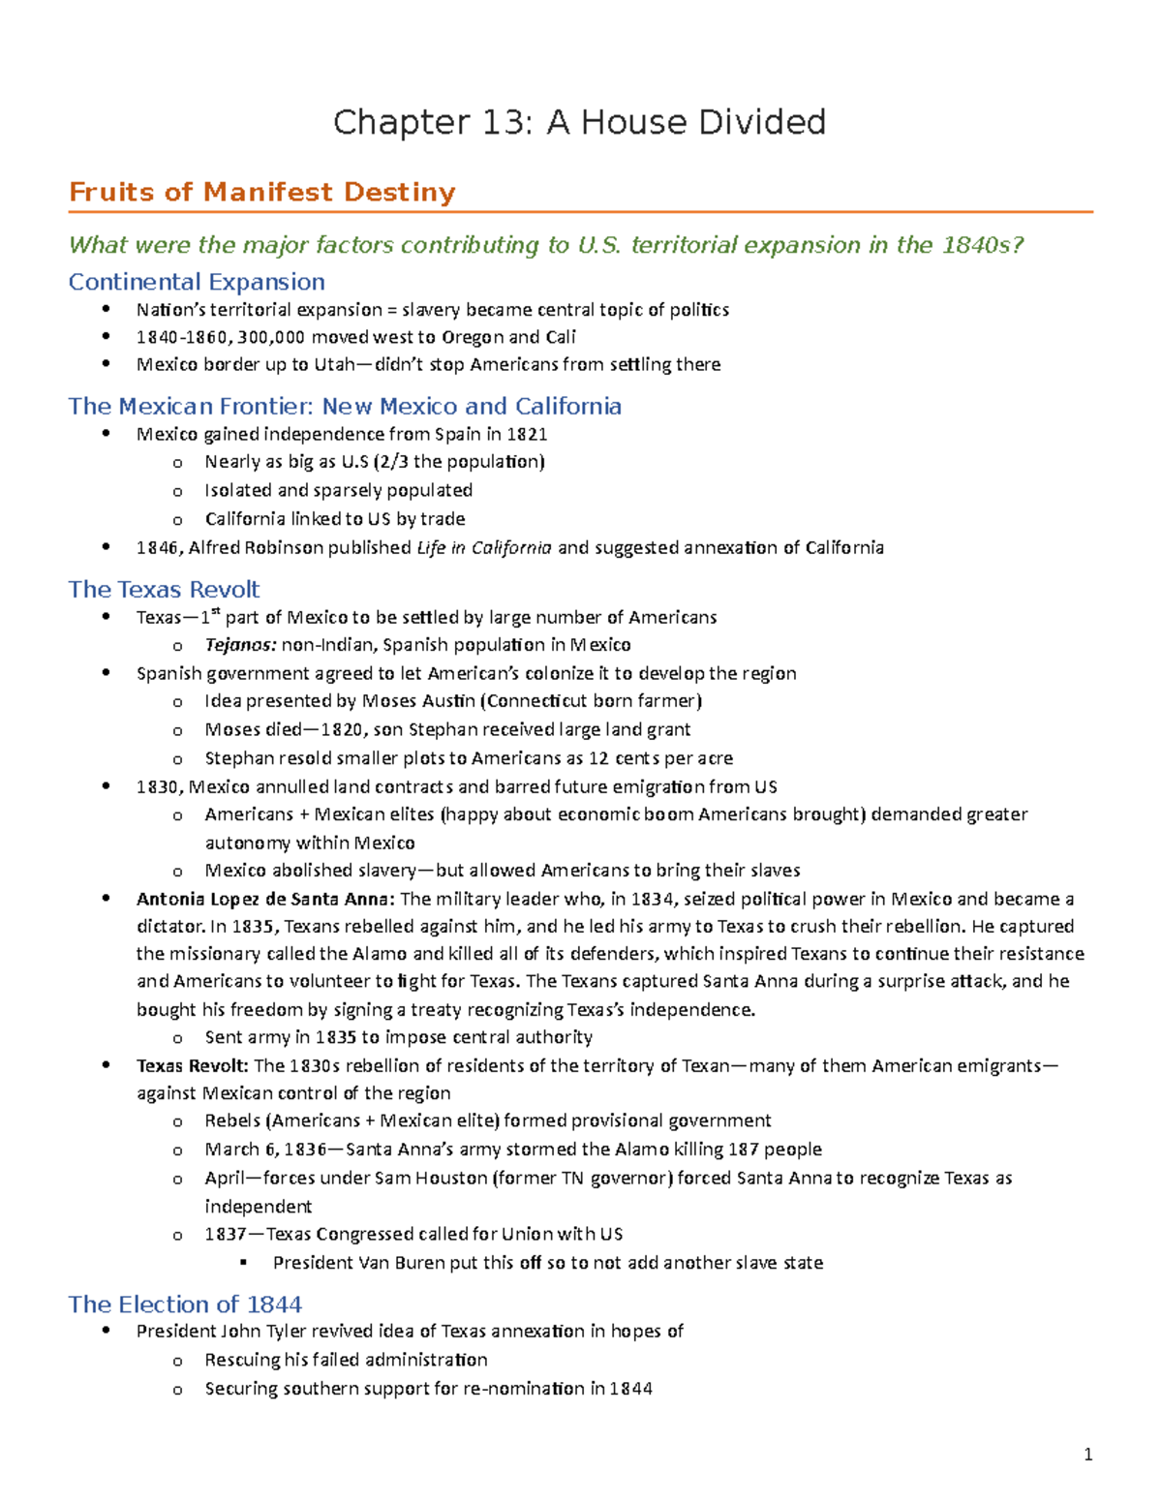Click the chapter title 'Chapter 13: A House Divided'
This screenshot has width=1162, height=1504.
tap(579, 123)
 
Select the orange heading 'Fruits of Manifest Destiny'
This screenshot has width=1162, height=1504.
tap(261, 192)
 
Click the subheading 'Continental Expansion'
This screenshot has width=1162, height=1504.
tap(197, 282)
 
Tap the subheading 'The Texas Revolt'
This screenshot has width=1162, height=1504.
tap(164, 589)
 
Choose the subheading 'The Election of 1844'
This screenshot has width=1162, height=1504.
tap(185, 1304)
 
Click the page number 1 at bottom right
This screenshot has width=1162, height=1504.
tap(1088, 1454)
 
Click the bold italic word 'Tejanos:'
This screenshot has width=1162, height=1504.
tap(240, 645)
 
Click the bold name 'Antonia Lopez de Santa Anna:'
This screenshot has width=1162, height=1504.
tap(265, 899)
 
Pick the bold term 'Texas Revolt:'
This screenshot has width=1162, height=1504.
tap(192, 1065)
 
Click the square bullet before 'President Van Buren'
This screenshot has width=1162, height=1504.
tap(244, 1263)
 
